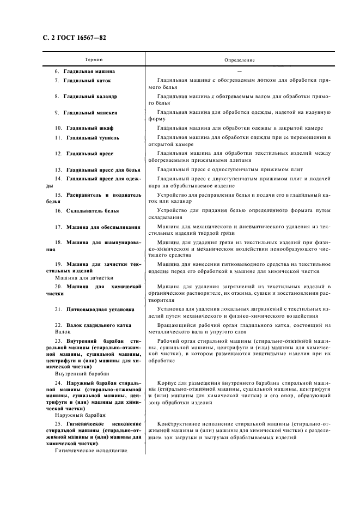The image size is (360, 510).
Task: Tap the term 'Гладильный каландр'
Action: (90, 96)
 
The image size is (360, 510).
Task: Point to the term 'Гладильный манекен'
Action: (90, 113)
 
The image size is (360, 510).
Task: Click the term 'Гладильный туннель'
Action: (93, 138)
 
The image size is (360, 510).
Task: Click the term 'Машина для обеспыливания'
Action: (103, 227)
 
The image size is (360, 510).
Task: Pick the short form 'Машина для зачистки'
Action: (80, 277)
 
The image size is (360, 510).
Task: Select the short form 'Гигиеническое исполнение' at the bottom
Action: (91, 451)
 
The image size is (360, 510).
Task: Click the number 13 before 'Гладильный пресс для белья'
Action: (58, 169)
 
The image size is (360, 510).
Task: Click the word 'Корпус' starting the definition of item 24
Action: (168, 383)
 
